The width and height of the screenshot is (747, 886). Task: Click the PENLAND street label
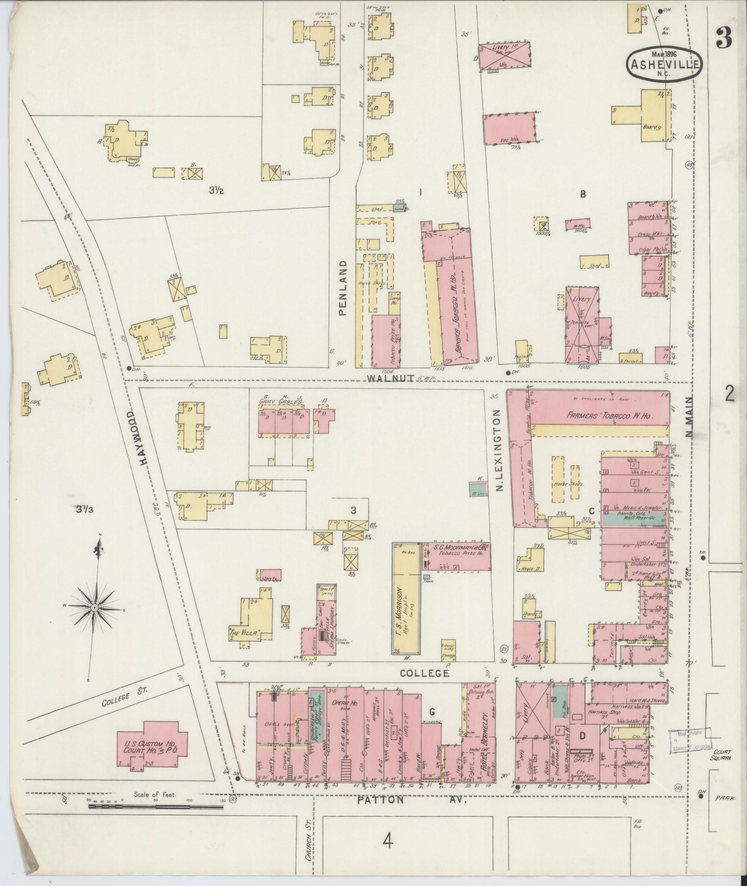[x=342, y=287]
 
